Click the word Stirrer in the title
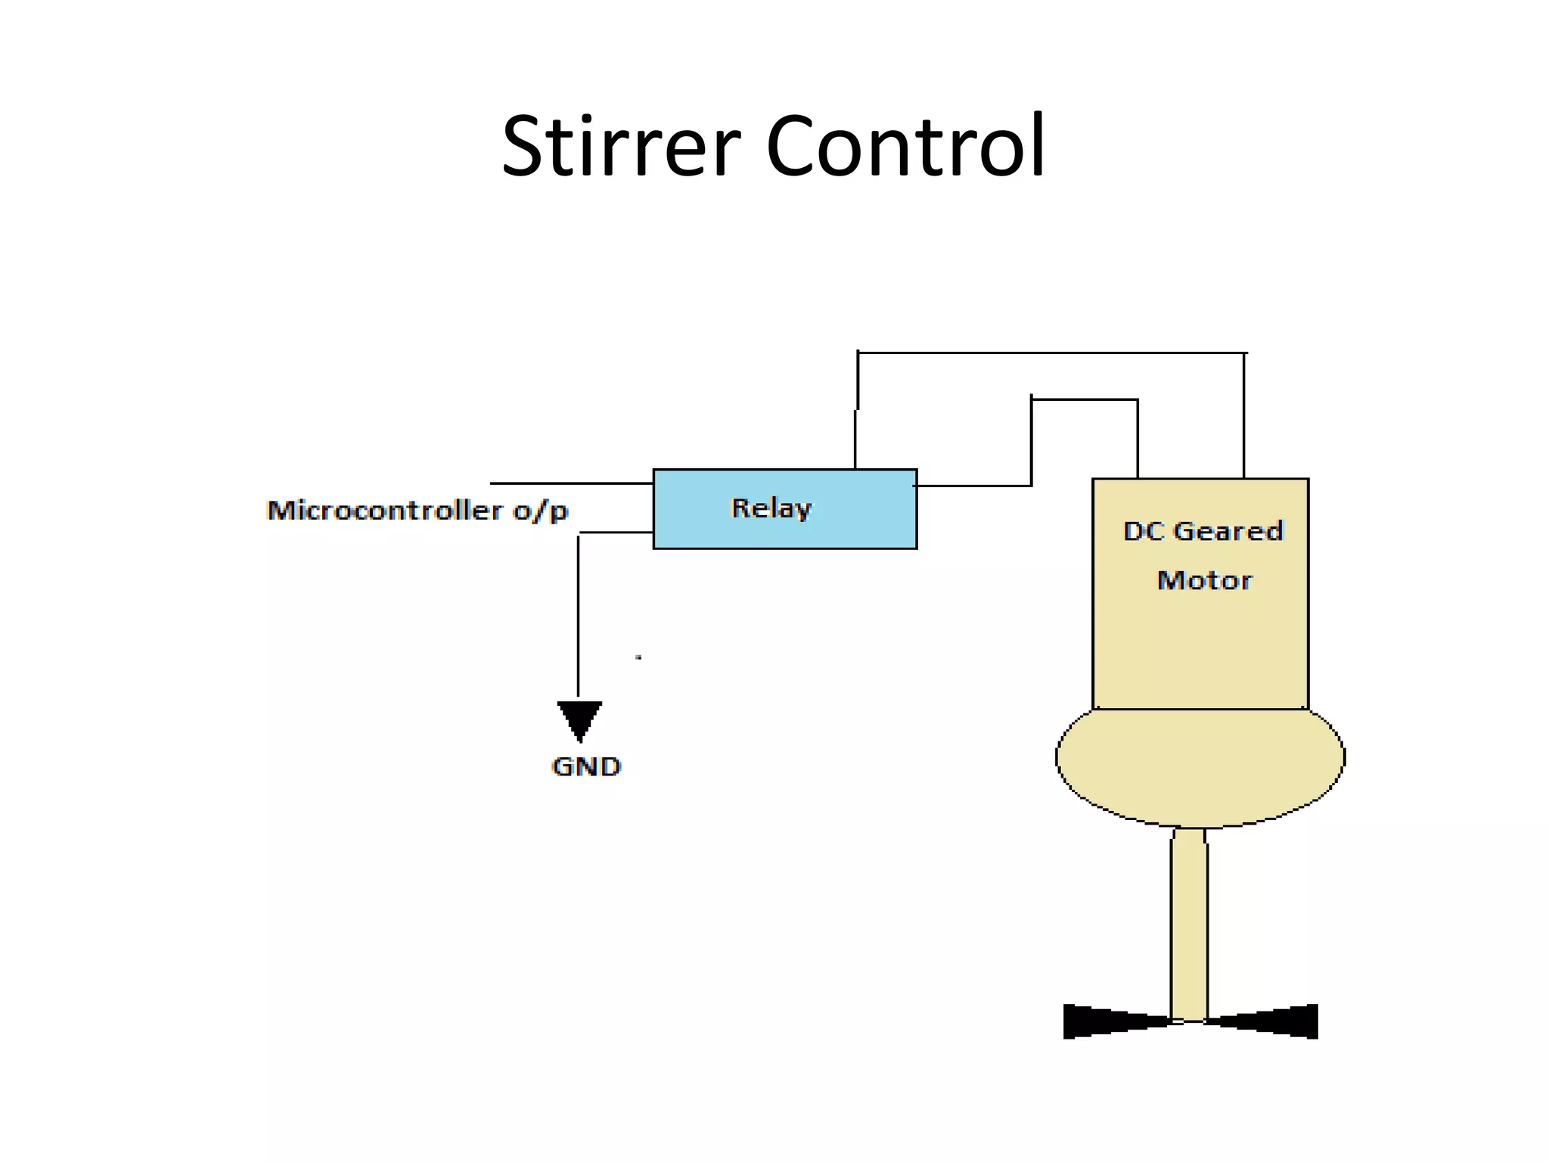click(620, 145)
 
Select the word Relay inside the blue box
click(771, 508)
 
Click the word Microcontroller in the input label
click(385, 511)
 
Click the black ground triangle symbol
click(579, 719)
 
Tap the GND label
click(586, 766)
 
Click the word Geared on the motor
click(1228, 531)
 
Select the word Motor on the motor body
click(1204, 580)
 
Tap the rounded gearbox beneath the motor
click(1200, 764)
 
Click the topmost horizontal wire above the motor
click(1051, 353)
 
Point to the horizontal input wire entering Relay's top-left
click(571, 483)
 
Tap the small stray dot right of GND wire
click(638, 657)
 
